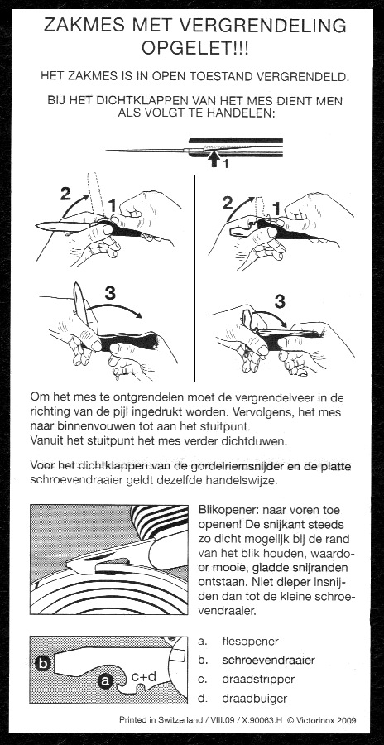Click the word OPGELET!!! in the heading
pos(194,47)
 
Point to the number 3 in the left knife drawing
pos(110,294)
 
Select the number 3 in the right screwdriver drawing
pos(280,300)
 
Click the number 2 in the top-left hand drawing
pos(67,195)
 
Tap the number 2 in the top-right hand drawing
pos(228,203)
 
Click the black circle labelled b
pos(43,663)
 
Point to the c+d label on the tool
pos(143,676)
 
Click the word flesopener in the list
pos(251,642)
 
